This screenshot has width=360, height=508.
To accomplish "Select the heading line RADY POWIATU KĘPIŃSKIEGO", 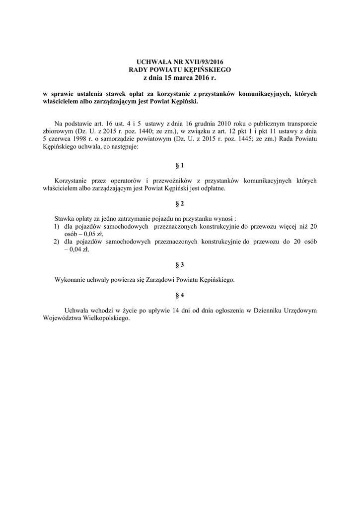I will [x=180, y=70].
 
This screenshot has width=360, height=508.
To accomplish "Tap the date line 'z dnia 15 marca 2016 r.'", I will [x=180, y=78].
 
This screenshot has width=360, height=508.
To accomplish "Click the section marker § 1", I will [x=180, y=165].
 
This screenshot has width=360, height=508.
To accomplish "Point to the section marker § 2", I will [x=180, y=204].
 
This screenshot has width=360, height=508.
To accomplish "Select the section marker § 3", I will [x=180, y=264].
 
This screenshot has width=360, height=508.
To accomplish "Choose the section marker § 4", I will [x=180, y=295].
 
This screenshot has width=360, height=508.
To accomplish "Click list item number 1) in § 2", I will [x=57, y=226].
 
